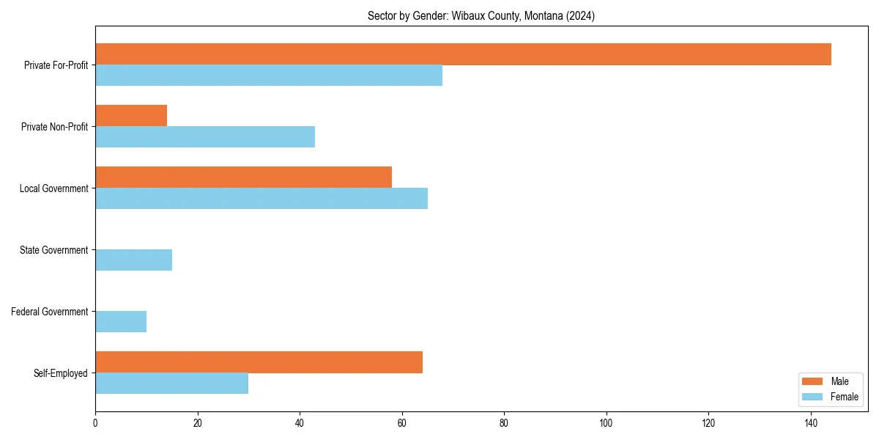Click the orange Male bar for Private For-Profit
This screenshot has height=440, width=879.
tap(463, 54)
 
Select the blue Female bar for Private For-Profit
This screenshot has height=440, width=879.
tap(269, 76)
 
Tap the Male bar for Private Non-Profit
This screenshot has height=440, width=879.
tap(131, 116)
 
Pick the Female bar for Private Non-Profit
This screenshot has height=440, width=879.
tap(205, 137)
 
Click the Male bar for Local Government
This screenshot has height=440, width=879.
tap(243, 177)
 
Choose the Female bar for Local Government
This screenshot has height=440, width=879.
tap(262, 199)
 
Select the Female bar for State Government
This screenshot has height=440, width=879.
tap(133, 260)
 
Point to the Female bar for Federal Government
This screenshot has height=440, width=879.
tap(121, 322)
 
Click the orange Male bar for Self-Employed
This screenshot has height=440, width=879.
tap(259, 362)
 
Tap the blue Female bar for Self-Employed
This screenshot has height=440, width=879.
tap(171, 384)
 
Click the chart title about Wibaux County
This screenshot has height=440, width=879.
tap(481, 16)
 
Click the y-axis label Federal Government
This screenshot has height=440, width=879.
tap(50, 312)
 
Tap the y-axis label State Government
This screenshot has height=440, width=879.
tap(53, 250)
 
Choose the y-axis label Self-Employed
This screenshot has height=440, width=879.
tap(60, 373)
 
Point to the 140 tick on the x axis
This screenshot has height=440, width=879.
tap(810, 423)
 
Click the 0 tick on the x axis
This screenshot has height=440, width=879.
tap(95, 423)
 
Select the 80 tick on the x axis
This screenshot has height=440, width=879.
tap(504, 423)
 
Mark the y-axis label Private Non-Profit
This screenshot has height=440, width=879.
tap(54, 127)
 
